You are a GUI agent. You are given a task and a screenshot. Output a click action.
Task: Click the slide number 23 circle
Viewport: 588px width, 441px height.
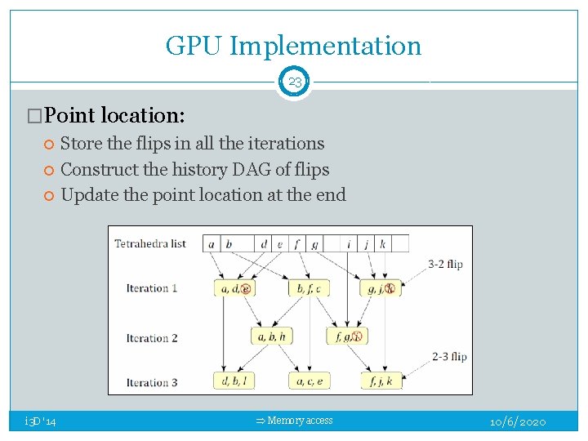click(x=294, y=82)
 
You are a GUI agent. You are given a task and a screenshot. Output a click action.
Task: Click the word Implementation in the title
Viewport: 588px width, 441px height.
click(x=325, y=47)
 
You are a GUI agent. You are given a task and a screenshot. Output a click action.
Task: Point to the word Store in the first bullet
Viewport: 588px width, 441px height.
click(x=82, y=144)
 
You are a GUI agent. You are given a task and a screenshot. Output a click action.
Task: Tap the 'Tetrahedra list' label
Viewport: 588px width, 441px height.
click(x=150, y=243)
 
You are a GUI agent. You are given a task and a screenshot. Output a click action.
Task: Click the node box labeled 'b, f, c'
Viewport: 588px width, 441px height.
click(x=309, y=288)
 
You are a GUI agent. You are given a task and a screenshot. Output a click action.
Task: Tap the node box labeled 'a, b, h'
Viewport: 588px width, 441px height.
click(x=271, y=336)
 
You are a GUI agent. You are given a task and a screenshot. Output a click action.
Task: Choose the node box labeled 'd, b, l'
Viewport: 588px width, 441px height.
click(x=234, y=381)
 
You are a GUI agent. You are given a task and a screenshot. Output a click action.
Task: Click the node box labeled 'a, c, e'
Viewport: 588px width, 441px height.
click(x=309, y=381)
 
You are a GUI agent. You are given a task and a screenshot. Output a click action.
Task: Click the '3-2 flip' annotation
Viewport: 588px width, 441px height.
click(x=446, y=264)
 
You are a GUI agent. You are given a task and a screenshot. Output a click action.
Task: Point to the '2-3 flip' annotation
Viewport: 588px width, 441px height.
click(x=448, y=356)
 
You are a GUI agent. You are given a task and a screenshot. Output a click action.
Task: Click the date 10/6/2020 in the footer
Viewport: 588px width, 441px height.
click(x=518, y=422)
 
